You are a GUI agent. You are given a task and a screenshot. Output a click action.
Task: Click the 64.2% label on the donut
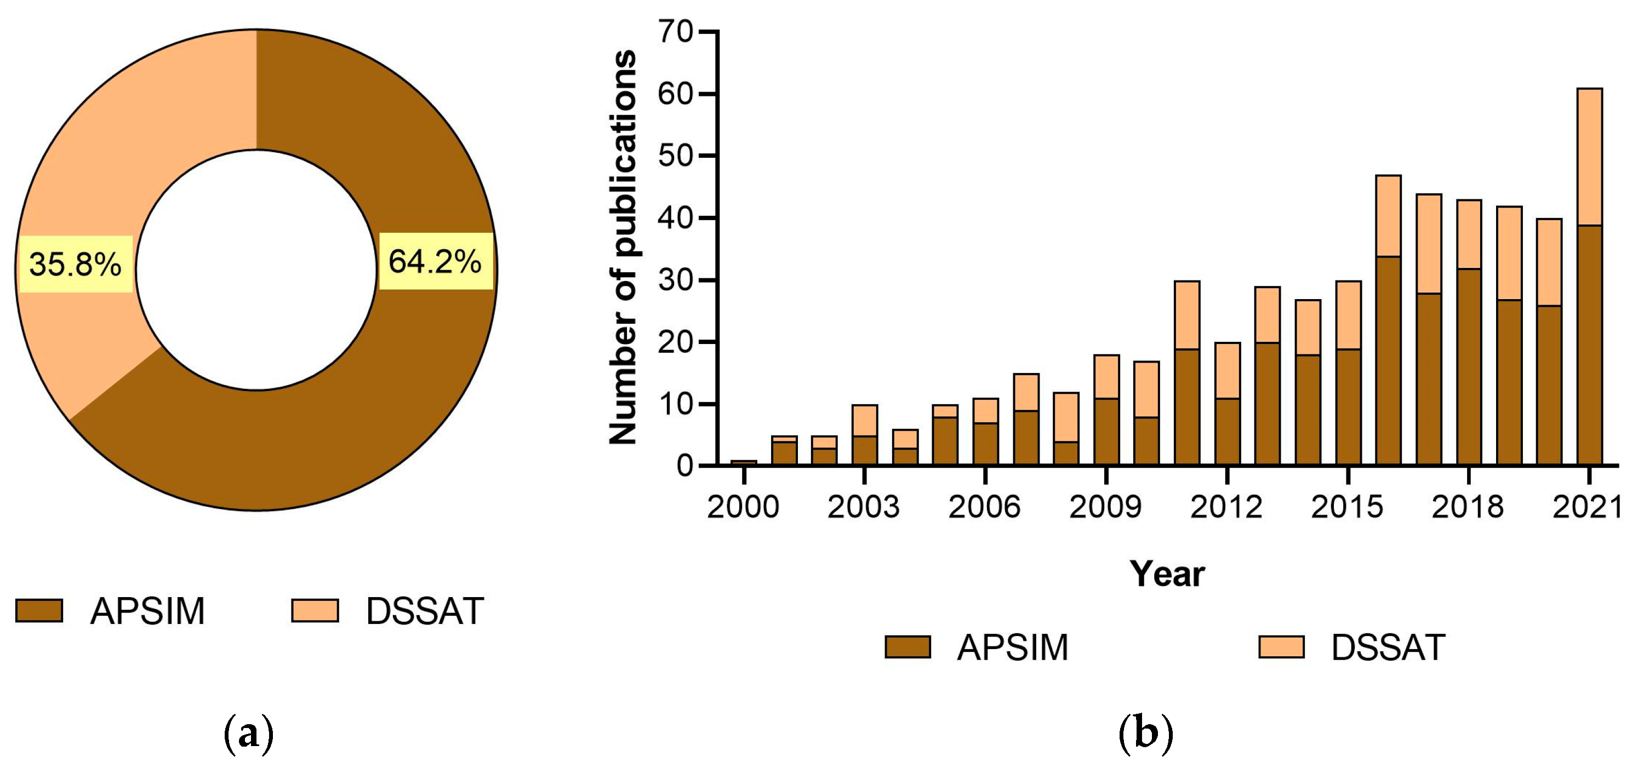click(x=436, y=261)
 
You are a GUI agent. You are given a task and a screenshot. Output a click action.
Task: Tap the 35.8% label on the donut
click(x=76, y=264)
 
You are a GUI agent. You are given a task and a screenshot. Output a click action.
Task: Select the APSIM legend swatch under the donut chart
click(x=39, y=610)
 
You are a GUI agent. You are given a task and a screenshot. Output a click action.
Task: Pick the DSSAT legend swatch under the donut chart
click(x=315, y=610)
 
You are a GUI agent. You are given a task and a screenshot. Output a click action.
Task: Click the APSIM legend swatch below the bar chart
click(x=908, y=647)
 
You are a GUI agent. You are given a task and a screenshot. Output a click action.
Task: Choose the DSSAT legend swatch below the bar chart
click(x=1282, y=647)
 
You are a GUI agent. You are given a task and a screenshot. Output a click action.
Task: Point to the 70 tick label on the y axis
click(x=675, y=31)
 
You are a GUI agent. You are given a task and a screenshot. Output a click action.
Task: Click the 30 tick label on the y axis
click(x=675, y=280)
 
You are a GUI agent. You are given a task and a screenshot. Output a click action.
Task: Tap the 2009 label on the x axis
click(x=1105, y=507)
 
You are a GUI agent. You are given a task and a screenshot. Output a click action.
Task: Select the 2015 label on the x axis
click(x=1347, y=507)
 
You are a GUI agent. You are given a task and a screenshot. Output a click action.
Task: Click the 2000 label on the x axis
click(x=743, y=507)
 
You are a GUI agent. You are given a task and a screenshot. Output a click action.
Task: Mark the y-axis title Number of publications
click(x=623, y=247)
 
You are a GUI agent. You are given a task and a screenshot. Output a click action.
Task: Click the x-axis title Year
click(x=1167, y=574)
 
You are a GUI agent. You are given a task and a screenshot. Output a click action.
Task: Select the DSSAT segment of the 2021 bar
click(x=1590, y=157)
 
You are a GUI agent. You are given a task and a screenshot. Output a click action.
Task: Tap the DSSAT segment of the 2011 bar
click(x=1187, y=314)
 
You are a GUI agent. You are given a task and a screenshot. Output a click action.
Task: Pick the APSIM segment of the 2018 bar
click(x=1469, y=367)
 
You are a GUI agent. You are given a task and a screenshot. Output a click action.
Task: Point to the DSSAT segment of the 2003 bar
click(x=865, y=420)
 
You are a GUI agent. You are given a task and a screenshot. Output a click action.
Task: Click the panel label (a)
click(x=249, y=734)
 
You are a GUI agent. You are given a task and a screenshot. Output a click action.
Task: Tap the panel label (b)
click(x=1145, y=734)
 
